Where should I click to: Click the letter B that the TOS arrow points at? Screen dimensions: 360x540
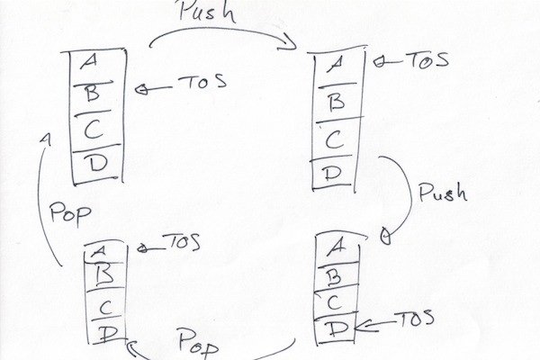[x=91, y=91]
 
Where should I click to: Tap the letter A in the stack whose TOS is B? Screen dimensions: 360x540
[x=89, y=61]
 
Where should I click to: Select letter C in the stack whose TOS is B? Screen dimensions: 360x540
[x=92, y=128]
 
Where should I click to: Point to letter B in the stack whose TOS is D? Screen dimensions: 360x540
[x=333, y=274]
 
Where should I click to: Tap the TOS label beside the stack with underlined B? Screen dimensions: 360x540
[x=181, y=244]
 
